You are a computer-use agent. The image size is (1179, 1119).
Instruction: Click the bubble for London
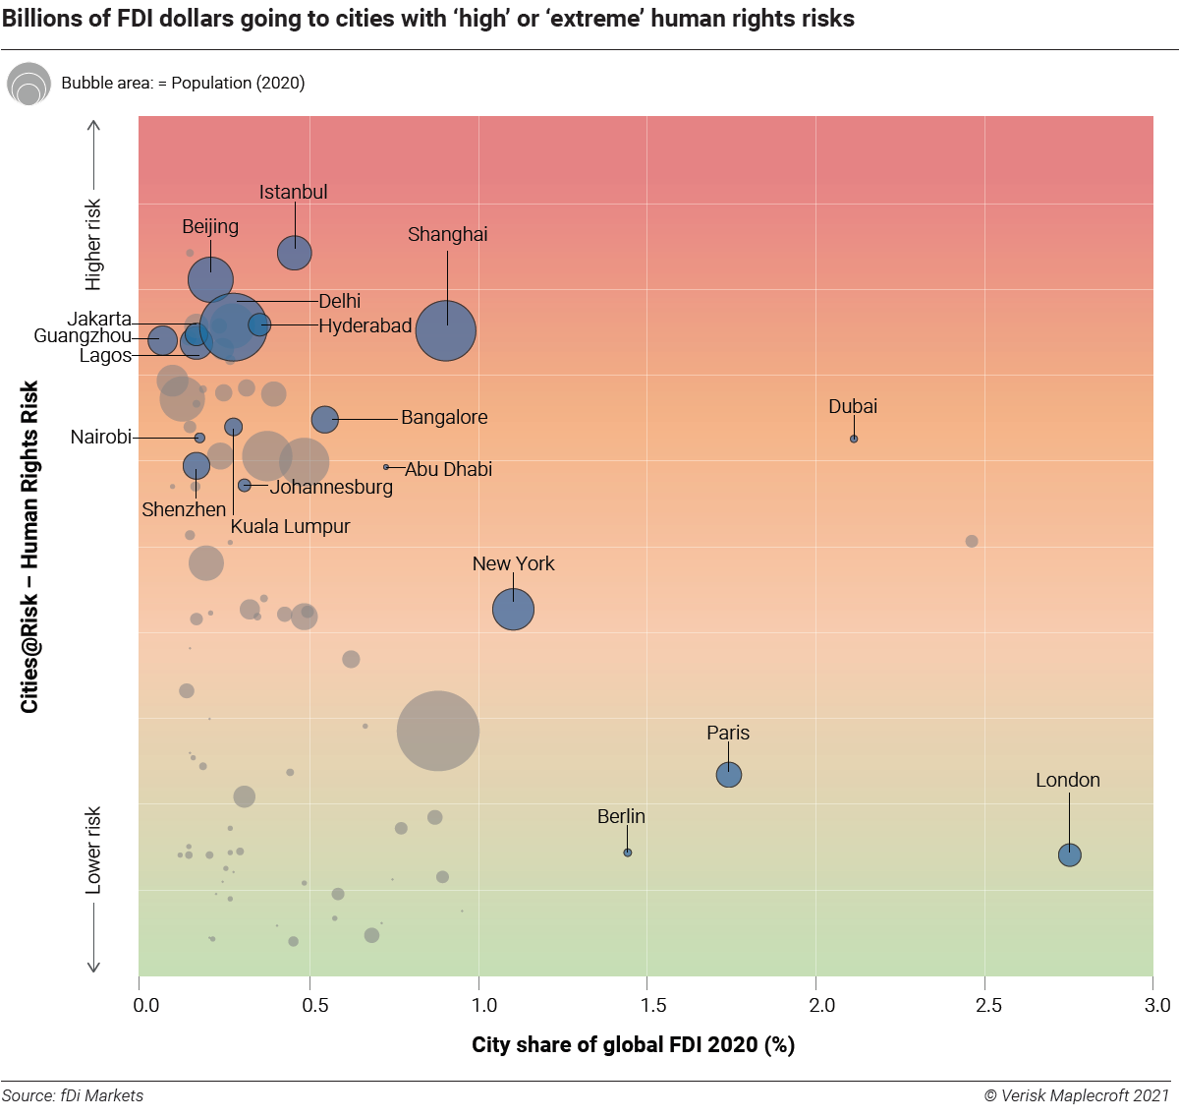coord(1070,854)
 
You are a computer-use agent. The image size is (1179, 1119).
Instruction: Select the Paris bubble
coord(728,775)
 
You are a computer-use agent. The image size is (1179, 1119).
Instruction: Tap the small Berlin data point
coord(628,853)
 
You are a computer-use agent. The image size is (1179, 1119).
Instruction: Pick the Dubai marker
coord(854,439)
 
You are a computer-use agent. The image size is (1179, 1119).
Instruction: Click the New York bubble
coord(513,609)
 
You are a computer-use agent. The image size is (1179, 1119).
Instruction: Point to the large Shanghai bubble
coord(446,330)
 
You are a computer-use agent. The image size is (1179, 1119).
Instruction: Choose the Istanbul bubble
coord(295,253)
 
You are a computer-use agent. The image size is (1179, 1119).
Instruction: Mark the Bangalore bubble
coord(324,419)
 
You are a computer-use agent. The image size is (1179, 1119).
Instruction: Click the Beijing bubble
coord(210,279)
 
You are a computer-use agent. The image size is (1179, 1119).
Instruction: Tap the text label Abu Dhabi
coord(448,469)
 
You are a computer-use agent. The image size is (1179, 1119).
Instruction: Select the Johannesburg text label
coord(331,487)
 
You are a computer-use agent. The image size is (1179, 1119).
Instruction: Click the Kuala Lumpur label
coord(290,526)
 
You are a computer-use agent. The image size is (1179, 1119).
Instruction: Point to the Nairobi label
coord(100,437)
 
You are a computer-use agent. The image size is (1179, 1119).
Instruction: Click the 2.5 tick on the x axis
coord(988,1005)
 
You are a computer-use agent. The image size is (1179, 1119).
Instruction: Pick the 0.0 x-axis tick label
coord(146,1005)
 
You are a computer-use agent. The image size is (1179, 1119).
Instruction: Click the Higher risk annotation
coord(93,245)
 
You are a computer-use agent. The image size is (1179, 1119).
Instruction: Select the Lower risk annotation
coord(93,851)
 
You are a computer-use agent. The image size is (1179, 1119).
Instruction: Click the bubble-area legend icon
coord(28,85)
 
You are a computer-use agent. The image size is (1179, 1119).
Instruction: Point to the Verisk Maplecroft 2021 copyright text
coord(1077,1095)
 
